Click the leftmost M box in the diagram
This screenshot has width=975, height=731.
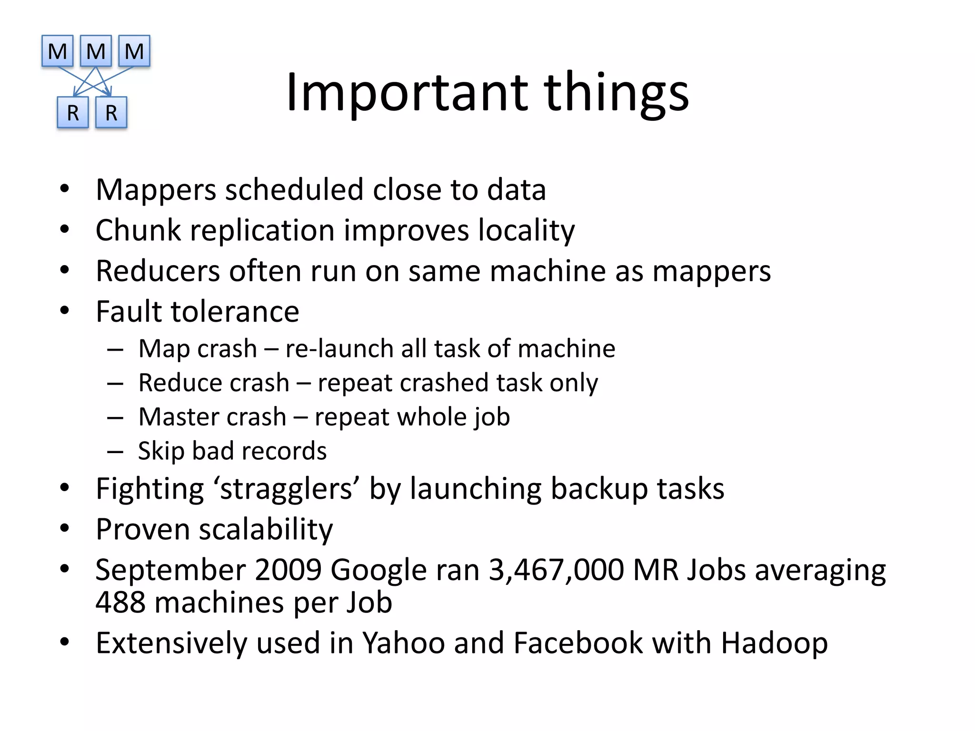coord(57,51)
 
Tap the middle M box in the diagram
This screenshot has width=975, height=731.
coord(96,51)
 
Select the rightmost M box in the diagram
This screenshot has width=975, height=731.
coord(134,51)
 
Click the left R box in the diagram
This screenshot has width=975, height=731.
coord(73,113)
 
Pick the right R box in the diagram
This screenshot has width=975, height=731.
coord(111,113)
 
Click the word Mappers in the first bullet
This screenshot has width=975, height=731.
coord(156,190)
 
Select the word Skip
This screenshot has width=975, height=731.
coord(160,451)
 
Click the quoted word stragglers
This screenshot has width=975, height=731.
coord(285,489)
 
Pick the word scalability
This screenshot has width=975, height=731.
coord(266,529)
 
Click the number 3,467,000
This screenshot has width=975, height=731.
coord(556,570)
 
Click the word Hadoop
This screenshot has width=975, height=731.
coord(774,643)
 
